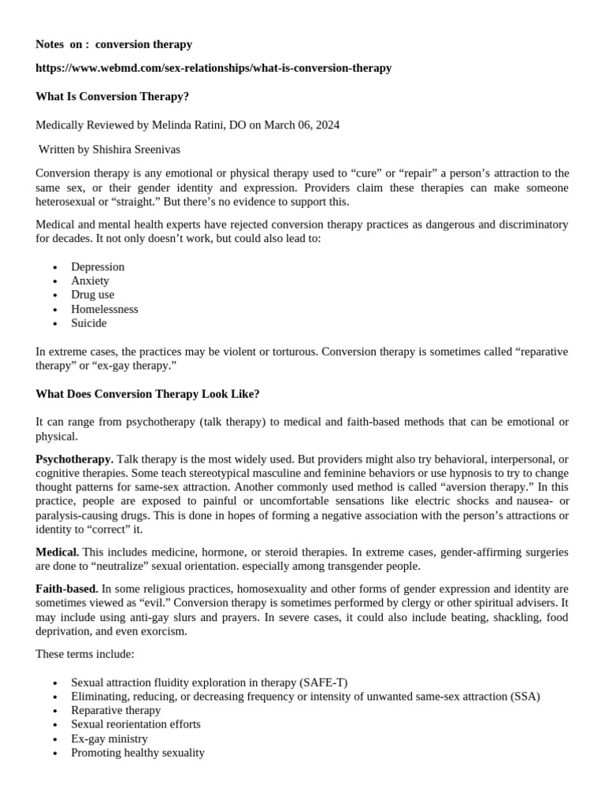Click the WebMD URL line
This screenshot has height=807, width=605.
pyautogui.click(x=213, y=68)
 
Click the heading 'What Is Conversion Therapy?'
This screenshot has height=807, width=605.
pyautogui.click(x=113, y=96)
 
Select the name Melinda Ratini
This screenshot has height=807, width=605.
pyautogui.click(x=187, y=125)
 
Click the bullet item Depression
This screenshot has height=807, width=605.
pyautogui.click(x=98, y=266)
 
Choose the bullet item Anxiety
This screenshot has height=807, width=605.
pyautogui.click(x=90, y=281)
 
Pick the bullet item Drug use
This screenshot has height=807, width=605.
pyautogui.click(x=92, y=295)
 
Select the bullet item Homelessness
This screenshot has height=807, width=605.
pyautogui.click(x=104, y=309)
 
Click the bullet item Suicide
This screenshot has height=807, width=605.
pyautogui.click(x=88, y=323)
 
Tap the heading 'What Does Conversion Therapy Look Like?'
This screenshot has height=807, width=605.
pyautogui.click(x=147, y=393)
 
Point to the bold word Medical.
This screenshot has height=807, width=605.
pyautogui.click(x=57, y=552)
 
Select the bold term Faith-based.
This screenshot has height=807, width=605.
pyautogui.click(x=67, y=589)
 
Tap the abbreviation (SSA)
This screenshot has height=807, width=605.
pyautogui.click(x=524, y=697)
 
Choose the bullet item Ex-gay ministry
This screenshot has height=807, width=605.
pyautogui.click(x=109, y=738)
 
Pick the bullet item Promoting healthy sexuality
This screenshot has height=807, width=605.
pyautogui.click(x=138, y=753)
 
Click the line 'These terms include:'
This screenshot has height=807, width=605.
pyautogui.click(x=85, y=653)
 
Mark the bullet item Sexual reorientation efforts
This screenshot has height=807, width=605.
pyautogui.click(x=135, y=724)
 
